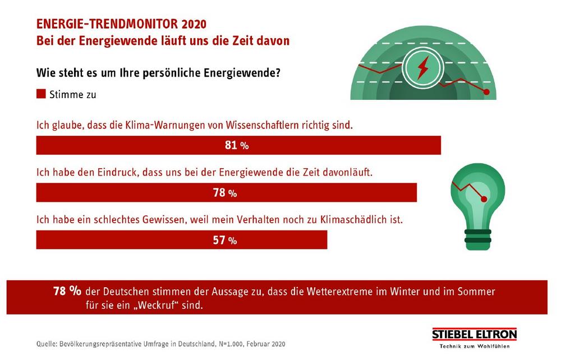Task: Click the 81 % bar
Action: point(238,145)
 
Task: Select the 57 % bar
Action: point(181,240)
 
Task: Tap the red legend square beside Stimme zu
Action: point(41,94)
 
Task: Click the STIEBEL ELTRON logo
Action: point(474,335)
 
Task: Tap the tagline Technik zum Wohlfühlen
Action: point(474,346)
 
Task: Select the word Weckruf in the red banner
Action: point(180,307)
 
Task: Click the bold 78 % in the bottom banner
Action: point(67,292)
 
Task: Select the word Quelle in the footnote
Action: point(49,343)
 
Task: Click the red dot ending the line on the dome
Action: point(486,92)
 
